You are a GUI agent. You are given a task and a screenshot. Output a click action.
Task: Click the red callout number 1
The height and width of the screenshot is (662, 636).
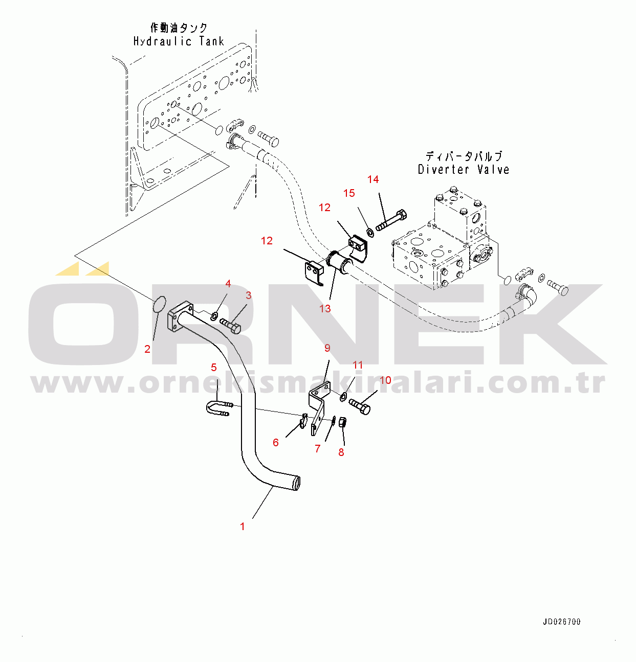(243, 526)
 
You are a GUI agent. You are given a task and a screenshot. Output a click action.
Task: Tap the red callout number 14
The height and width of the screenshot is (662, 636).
(373, 179)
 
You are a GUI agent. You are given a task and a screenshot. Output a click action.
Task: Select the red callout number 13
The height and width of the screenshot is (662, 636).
(325, 309)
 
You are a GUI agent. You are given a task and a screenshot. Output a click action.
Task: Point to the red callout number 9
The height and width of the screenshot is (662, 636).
(327, 348)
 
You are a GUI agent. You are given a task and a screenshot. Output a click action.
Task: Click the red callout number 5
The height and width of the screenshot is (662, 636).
(214, 367)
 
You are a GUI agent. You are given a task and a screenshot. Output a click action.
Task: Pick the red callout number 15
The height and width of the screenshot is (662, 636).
(349, 193)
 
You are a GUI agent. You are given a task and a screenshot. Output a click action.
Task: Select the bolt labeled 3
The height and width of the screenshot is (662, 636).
(231, 325)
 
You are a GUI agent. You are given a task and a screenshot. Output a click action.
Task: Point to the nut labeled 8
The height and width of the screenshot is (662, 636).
(343, 423)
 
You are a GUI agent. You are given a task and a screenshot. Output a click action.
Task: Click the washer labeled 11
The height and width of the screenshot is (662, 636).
(343, 396)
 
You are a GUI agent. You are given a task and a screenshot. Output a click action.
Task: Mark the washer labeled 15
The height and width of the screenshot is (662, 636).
(370, 233)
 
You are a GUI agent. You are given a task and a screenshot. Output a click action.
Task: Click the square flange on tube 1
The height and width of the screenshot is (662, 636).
(180, 316)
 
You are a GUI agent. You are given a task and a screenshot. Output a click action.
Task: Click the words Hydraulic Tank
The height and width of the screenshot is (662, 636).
(179, 41)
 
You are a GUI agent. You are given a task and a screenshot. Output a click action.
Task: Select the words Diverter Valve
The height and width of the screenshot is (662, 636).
(464, 169)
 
